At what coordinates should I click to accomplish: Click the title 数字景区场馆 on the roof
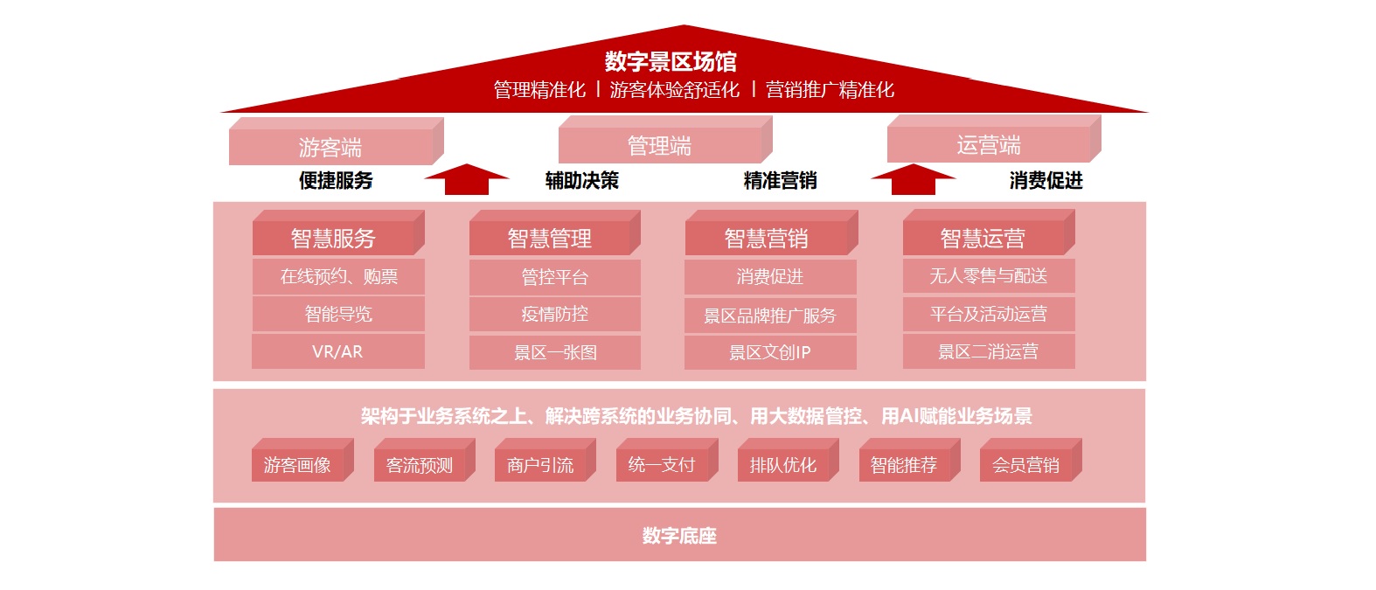coord(671,61)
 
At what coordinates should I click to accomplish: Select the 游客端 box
coord(336,142)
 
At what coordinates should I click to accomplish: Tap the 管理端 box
coord(665,140)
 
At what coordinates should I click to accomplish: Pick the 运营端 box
coord(994,139)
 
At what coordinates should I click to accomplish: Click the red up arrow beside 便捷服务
coord(466,179)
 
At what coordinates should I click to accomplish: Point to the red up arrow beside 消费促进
coord(913,179)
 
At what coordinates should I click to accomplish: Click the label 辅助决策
coord(581,181)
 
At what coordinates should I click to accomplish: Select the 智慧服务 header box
coord(338,233)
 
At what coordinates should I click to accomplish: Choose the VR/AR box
coord(337,351)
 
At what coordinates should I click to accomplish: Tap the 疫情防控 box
coord(555,315)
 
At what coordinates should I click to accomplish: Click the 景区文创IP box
coord(770,352)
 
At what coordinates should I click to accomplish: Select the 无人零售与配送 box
coord(989,276)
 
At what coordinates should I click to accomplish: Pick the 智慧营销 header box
coord(772,233)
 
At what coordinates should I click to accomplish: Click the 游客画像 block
coord(302,460)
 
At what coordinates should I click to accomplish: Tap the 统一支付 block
coord(667,460)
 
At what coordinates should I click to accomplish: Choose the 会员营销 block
coord(1031,460)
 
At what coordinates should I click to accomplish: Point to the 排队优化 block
coord(789,460)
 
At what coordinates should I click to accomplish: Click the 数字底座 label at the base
coord(679,536)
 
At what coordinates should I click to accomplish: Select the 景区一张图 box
coord(555,352)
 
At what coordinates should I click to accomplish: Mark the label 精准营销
coord(780,181)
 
